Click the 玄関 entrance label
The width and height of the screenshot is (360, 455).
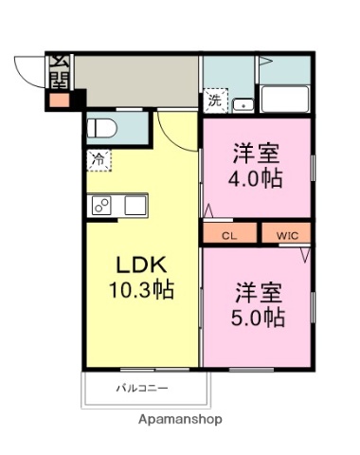coord(59,72)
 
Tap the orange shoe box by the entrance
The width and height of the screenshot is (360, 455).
coord(59,98)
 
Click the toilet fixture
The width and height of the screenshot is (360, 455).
coord(100,129)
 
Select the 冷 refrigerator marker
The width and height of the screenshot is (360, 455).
coord(98,160)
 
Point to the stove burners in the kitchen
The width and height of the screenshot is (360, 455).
coord(101,205)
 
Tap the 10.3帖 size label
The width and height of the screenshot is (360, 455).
coord(141,290)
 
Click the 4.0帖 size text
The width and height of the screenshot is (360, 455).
coord(258,178)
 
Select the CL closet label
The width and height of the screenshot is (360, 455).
coord(229,233)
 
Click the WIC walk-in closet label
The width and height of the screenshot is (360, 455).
coord(286,233)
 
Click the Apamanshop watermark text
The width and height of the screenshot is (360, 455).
coord(180,418)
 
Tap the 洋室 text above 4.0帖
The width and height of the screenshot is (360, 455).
coord(258,152)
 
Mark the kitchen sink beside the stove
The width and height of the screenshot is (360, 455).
coord(134,205)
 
